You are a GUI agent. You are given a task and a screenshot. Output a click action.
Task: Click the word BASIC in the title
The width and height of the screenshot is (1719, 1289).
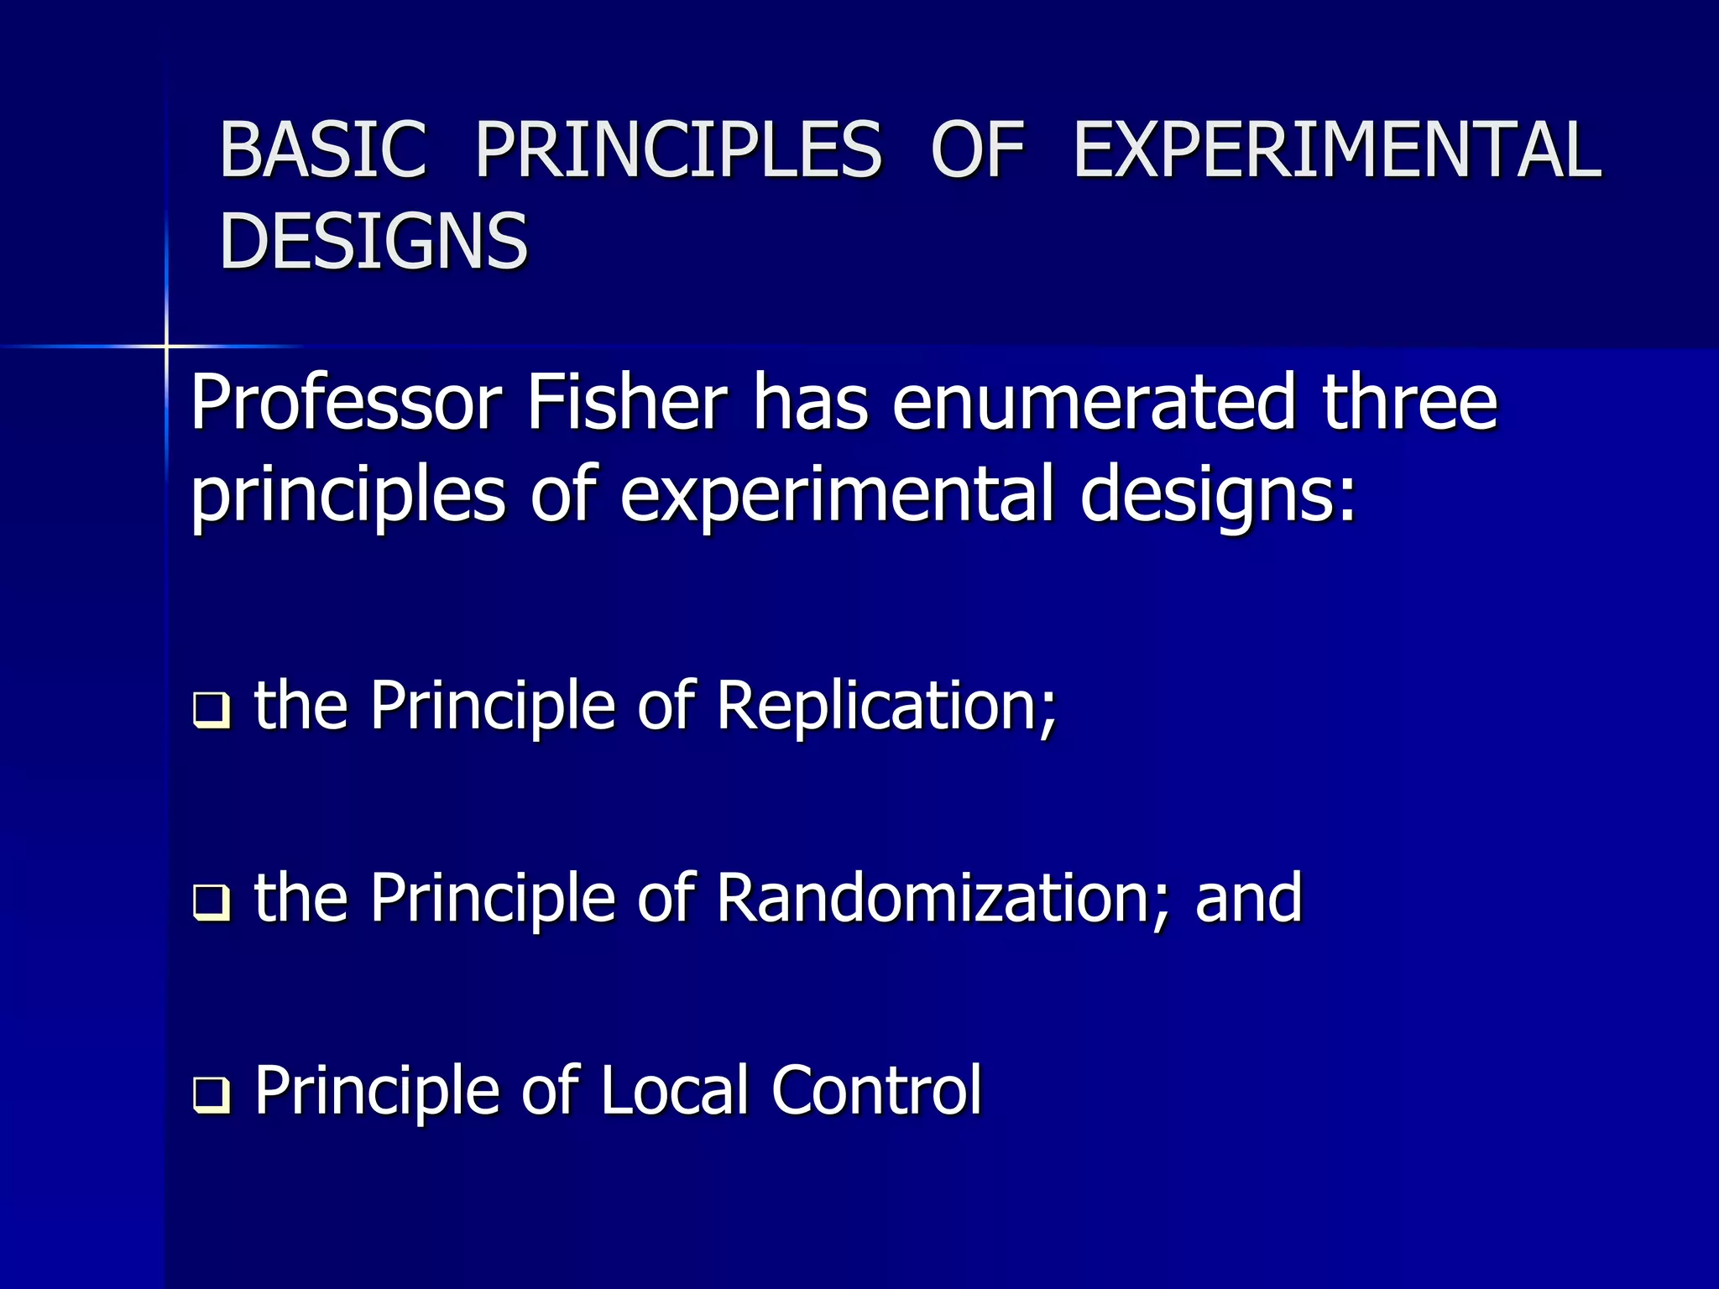pyautogui.click(x=323, y=150)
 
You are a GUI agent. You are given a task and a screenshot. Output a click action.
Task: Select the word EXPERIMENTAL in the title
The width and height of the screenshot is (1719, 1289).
pyautogui.click(x=1337, y=150)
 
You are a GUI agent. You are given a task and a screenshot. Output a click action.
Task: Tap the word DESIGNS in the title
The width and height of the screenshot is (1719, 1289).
pyautogui.click(x=374, y=242)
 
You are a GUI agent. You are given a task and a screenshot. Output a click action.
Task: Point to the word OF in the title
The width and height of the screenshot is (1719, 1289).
pyautogui.click(x=978, y=150)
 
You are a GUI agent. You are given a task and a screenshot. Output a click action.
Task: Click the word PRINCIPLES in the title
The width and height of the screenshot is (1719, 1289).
pyautogui.click(x=678, y=150)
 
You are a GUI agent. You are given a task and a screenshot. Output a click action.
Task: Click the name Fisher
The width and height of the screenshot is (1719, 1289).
pyautogui.click(x=626, y=404)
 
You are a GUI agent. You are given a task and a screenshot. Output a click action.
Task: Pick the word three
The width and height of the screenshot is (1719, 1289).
pyautogui.click(x=1409, y=404)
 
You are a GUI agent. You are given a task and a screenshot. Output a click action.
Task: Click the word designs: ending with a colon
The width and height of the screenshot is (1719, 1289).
pyautogui.click(x=1217, y=495)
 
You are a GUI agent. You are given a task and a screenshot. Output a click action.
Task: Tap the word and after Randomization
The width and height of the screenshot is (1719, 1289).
pyautogui.click(x=1248, y=899)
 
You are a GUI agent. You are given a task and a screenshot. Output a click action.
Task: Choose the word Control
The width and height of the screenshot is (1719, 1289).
pyautogui.click(x=876, y=1091)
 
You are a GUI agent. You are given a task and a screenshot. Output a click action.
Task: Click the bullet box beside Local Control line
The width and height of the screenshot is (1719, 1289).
pyautogui.click(x=211, y=1095)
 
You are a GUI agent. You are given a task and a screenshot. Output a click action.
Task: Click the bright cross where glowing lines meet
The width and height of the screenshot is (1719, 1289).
pyautogui.click(x=166, y=346)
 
